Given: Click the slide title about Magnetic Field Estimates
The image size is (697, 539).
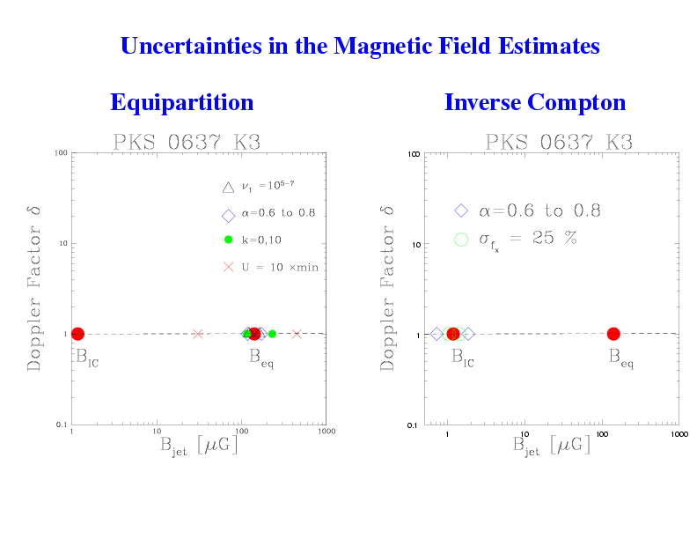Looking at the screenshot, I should (359, 46).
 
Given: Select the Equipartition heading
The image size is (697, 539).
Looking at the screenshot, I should (181, 102).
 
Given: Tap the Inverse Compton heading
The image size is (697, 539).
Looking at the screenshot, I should (535, 102).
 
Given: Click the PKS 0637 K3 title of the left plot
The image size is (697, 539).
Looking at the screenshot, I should (187, 142).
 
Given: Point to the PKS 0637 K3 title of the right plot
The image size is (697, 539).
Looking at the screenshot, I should (559, 142).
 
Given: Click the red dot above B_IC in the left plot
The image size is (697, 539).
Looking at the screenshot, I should (77, 334).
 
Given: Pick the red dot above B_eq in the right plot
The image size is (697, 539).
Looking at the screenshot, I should (613, 334).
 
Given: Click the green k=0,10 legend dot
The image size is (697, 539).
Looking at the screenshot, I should (227, 240).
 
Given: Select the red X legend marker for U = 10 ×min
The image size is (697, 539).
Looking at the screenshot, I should (227, 267).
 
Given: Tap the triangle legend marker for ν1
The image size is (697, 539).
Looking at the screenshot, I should (227, 187).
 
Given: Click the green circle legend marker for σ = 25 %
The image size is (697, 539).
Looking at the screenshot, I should (460, 239).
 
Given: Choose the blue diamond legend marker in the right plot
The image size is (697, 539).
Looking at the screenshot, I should (460, 210).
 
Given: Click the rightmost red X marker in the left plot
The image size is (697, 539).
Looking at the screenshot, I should (297, 334).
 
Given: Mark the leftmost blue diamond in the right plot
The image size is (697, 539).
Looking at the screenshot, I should (436, 334).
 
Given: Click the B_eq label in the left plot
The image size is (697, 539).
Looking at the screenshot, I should (260, 358).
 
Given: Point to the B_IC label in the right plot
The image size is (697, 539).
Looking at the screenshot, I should (462, 358).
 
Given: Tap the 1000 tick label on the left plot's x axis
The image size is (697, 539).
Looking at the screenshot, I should (325, 432).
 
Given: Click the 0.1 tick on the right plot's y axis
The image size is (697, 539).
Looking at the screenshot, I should (412, 425).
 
